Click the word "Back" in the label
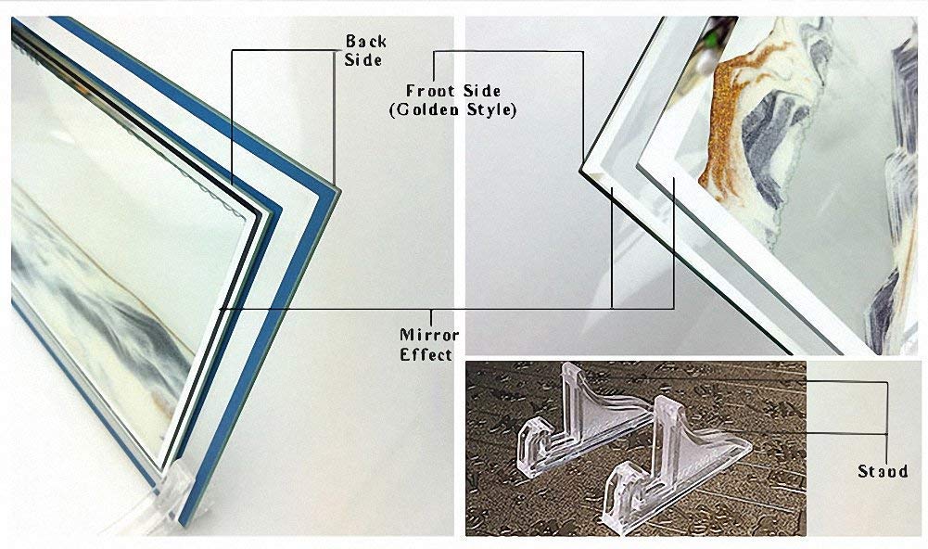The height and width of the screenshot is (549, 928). point(366,42)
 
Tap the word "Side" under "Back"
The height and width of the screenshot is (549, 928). point(363,60)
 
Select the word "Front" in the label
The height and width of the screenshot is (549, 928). point(430,91)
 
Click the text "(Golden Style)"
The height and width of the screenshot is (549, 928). point(452,109)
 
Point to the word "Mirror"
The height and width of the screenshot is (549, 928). point(429,335)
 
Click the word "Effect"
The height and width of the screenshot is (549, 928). point(426,355)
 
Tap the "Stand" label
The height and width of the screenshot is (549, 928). point(883,471)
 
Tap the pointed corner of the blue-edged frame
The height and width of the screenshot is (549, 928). point(338,188)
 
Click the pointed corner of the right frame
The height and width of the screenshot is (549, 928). point(582,172)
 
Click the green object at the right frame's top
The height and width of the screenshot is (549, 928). point(707,45)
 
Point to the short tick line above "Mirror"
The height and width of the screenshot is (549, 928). point(431,316)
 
